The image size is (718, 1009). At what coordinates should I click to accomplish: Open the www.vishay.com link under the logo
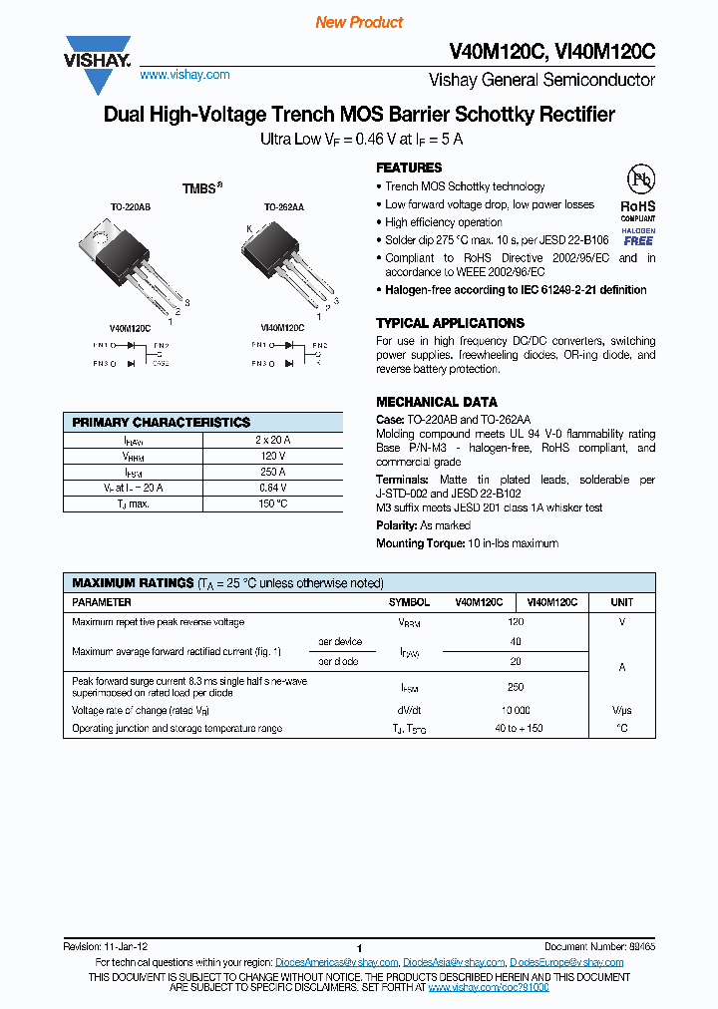(x=184, y=75)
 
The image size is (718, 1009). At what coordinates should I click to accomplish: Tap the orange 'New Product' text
(x=359, y=22)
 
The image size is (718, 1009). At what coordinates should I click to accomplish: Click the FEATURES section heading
(x=409, y=168)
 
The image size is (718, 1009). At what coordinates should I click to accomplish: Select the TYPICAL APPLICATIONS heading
(x=450, y=323)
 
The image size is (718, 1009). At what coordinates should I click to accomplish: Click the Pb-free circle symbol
(x=639, y=179)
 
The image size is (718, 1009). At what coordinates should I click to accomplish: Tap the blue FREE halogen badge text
(x=638, y=241)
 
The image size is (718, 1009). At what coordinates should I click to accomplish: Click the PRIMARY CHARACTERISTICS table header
(x=162, y=423)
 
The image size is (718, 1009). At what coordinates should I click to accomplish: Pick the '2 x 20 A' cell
(x=272, y=440)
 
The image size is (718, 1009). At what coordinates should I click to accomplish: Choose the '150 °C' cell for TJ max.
(x=272, y=504)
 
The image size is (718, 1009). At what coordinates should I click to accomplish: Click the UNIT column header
(x=621, y=602)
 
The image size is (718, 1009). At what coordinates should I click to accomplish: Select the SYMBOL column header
(x=409, y=602)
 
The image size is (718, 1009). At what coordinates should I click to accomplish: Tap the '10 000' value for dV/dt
(x=516, y=710)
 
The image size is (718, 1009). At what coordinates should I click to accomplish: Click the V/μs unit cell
(x=621, y=710)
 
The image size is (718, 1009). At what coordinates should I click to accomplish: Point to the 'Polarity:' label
(x=397, y=525)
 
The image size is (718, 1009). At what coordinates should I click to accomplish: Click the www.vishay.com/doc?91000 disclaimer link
(x=489, y=986)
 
